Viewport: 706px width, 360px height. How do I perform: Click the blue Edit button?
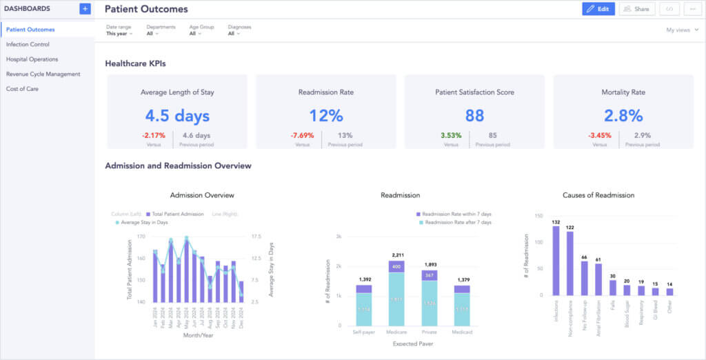click(598, 9)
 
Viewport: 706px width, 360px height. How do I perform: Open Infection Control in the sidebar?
click(28, 44)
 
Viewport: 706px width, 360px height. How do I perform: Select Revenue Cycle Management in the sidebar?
click(43, 74)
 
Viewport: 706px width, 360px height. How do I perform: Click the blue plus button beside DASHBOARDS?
click(85, 9)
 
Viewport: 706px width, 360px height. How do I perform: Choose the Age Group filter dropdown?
click(196, 33)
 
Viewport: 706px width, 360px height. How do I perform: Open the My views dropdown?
click(682, 30)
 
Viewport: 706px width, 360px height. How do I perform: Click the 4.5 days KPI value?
click(177, 115)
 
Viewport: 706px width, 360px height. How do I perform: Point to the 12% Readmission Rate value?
click(326, 115)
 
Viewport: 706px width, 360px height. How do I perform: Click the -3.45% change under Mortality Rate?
click(600, 136)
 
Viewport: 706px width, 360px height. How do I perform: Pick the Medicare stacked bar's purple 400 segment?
click(396, 266)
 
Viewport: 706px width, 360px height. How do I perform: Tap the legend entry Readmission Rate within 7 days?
click(456, 214)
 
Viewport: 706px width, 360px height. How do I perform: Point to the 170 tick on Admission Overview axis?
click(141, 236)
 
